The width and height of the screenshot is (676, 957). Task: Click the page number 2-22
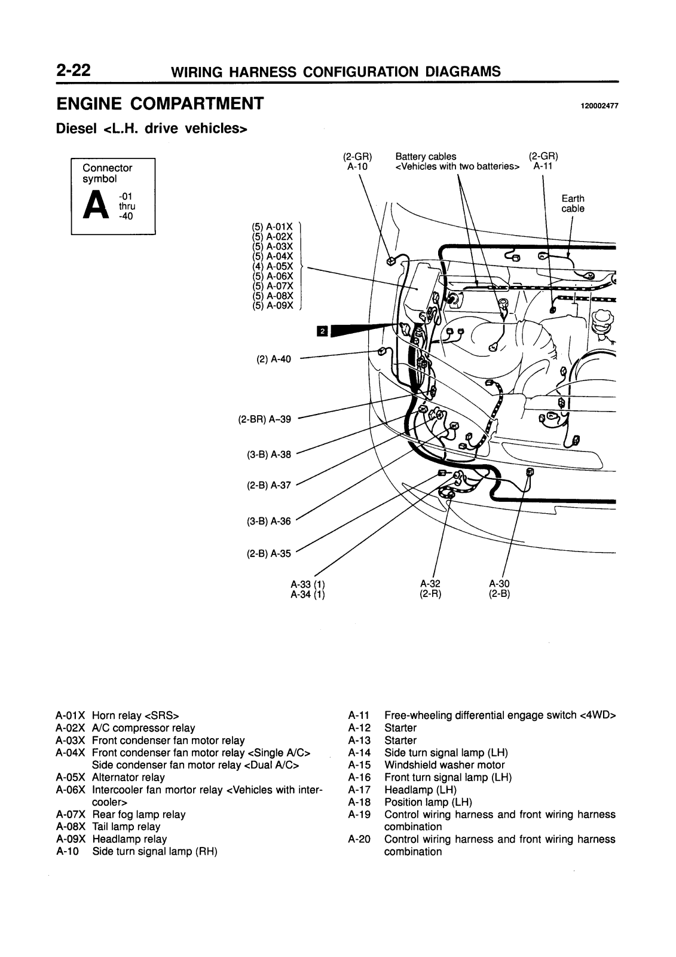pos(73,70)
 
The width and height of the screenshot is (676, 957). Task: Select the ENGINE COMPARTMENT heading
pos(160,104)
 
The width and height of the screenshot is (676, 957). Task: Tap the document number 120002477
pos(599,106)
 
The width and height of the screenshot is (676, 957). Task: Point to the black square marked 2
pos(322,331)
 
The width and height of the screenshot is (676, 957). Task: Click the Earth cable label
pos(573,203)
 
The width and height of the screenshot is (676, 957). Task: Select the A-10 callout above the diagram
pos(357,167)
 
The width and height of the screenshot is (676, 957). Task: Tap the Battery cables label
pos(426,156)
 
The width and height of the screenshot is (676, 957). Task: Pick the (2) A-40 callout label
pos(273,359)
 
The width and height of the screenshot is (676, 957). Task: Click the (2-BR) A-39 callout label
pos(264,419)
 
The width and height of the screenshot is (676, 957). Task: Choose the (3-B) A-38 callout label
pos(268,455)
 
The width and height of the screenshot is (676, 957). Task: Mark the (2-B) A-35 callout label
pos(268,554)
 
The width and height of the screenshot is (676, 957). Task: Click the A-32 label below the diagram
pos(430,584)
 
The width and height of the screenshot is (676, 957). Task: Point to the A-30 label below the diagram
pos(499,584)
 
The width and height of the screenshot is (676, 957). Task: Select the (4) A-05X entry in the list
pos(273,266)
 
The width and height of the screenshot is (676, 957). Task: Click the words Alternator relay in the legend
pos(128,777)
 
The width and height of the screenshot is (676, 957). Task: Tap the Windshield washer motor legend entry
pos(445,765)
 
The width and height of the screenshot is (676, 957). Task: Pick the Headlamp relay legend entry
pos(129,839)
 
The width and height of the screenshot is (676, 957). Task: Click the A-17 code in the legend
pos(359,790)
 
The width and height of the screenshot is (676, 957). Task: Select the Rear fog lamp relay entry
pos(139,814)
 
